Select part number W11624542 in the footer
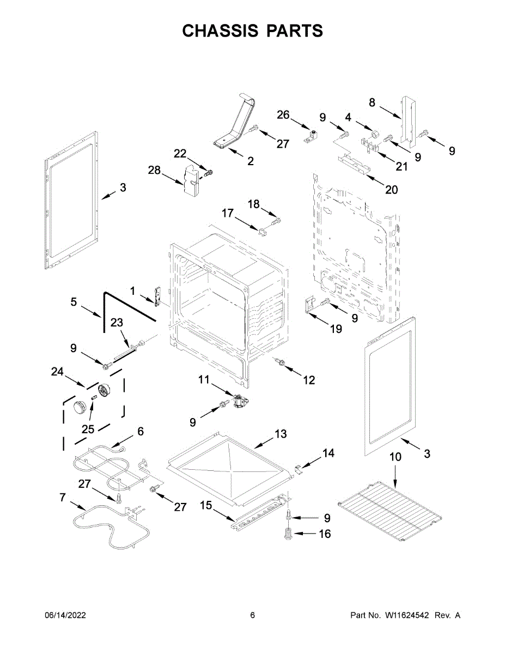(x=407, y=615)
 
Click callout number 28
(x=154, y=171)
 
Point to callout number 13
(x=280, y=434)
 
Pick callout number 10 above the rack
(x=396, y=457)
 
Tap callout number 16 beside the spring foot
(x=324, y=534)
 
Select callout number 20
(x=391, y=190)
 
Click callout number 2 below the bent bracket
(x=250, y=161)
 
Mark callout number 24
(x=57, y=372)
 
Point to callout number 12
(x=309, y=380)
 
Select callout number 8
(x=372, y=102)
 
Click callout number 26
(x=283, y=114)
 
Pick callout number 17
(x=227, y=213)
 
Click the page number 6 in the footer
(x=252, y=615)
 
